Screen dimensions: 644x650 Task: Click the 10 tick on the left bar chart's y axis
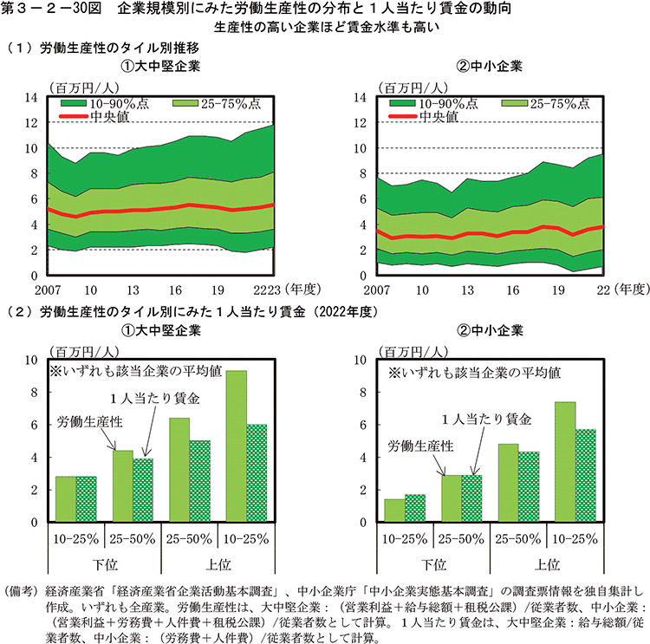(32, 359)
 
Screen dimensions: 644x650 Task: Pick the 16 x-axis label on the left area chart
(175, 289)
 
